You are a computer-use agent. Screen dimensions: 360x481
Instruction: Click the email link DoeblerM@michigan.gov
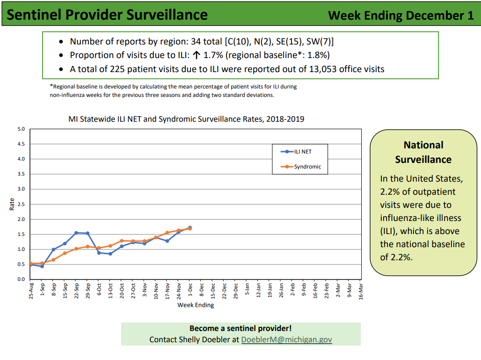[286, 339]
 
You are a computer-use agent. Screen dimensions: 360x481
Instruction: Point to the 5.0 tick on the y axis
[21, 129]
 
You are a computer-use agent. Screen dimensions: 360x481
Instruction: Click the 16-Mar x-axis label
[360, 290]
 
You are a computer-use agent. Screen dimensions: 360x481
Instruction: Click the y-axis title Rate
[12, 204]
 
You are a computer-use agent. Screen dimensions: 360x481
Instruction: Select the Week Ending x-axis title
[196, 305]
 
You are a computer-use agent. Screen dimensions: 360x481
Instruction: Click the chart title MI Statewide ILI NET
[186, 119]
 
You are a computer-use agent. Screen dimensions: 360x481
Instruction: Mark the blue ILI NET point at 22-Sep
[76, 233]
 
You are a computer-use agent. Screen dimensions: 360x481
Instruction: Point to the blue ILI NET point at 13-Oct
[110, 254]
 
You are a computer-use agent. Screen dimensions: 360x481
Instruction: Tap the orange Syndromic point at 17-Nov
[167, 233]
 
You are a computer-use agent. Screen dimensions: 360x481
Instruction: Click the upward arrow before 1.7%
[197, 55]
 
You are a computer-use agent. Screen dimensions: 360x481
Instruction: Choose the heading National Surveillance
[423, 152]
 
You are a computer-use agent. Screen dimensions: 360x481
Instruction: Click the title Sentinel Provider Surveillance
[108, 15]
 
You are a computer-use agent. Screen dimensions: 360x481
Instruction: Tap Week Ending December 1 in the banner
[401, 15]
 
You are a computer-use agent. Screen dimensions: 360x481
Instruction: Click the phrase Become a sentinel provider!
[240, 329]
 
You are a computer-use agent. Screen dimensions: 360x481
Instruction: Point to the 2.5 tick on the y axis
[21, 204]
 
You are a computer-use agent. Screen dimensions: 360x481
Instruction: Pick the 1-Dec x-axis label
[189, 290]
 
